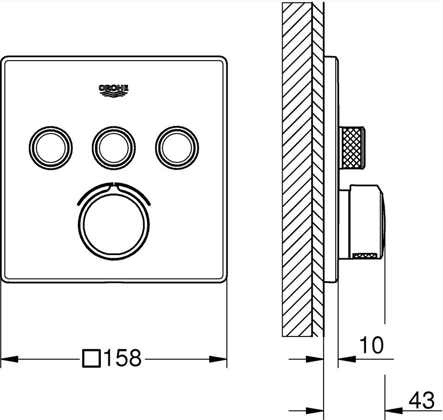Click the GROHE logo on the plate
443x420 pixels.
[114, 91]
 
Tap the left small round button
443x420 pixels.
[51, 148]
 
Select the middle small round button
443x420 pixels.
[114, 148]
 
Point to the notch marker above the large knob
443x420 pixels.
[114, 185]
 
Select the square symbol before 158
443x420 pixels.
[92, 359]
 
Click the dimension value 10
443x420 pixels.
[371, 344]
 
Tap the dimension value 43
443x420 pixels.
[421, 400]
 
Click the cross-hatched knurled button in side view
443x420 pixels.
[352, 148]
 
